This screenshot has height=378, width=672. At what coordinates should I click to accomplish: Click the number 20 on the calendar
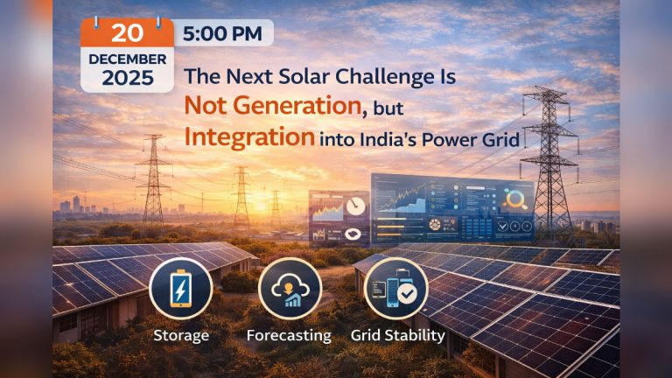(x=127, y=32)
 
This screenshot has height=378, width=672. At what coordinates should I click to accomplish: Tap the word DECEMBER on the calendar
(x=126, y=58)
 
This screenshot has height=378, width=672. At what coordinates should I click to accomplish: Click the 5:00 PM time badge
(x=223, y=33)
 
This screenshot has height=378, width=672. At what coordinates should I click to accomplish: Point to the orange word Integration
(x=249, y=137)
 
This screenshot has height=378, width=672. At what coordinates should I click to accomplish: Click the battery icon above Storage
(x=179, y=290)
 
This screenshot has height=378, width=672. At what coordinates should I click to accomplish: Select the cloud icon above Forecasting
(x=290, y=290)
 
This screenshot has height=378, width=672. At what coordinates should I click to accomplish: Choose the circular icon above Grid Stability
(x=396, y=290)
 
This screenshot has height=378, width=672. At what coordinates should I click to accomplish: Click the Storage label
(x=179, y=335)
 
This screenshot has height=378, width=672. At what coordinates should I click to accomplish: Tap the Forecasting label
(x=289, y=335)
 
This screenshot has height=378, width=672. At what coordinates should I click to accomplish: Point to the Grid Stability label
(x=397, y=335)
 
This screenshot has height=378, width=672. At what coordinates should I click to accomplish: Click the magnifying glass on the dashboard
(x=514, y=199)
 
